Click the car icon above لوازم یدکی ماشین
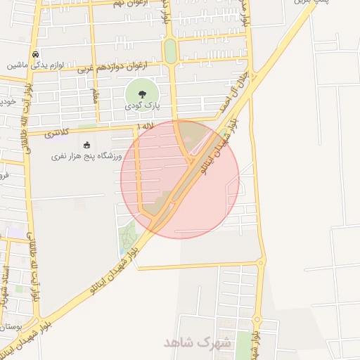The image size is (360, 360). [35, 54]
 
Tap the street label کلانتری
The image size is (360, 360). [57, 132]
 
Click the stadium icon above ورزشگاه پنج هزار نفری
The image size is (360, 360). [86, 146]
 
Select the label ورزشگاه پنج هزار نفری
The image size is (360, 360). [86, 156]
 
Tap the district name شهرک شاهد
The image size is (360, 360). [191, 342]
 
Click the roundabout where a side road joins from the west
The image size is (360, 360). [261, 263]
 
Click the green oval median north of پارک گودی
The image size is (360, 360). [170, 51]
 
